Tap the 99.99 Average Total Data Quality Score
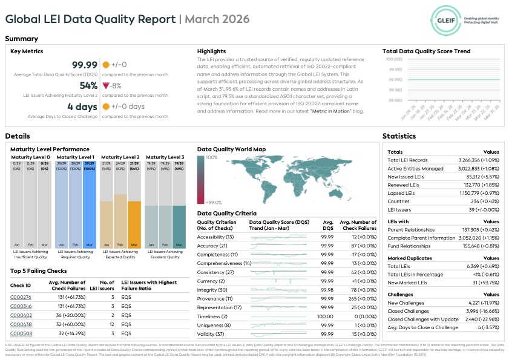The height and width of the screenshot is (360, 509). coord(85,65)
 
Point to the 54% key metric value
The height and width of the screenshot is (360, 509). coord(88,86)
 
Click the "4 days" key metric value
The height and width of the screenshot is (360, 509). coord(84,107)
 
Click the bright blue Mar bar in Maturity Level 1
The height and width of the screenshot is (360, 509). coord(88,206)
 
